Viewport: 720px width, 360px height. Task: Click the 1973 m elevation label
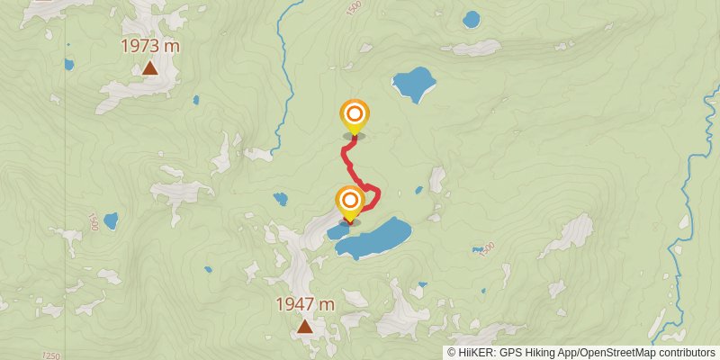(x=150, y=46)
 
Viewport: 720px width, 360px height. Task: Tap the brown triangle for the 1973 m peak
(x=150, y=68)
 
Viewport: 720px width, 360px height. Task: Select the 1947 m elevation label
(x=305, y=304)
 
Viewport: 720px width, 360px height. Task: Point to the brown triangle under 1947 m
(x=305, y=326)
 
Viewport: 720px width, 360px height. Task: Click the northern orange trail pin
(x=355, y=114)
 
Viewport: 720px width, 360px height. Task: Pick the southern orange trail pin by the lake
(x=350, y=200)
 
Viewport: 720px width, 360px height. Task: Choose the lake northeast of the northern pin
(x=414, y=84)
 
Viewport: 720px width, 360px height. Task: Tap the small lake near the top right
(x=472, y=19)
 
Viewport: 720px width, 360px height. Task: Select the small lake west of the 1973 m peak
(x=69, y=65)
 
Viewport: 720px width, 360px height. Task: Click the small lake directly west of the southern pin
(x=281, y=199)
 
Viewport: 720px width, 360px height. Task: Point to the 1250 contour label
(x=51, y=356)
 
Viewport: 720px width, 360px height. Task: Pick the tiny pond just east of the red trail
(x=419, y=190)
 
